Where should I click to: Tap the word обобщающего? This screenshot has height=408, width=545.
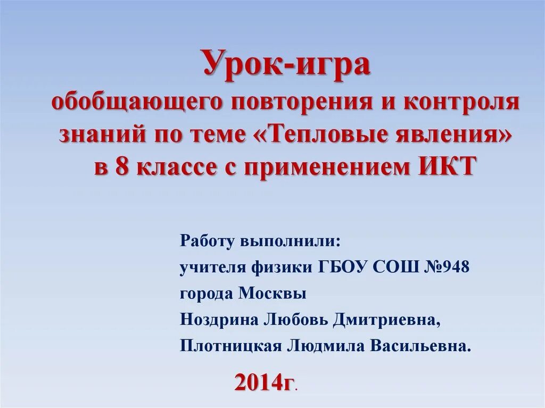pos(135,102)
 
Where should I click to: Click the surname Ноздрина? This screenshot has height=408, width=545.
pos(218,320)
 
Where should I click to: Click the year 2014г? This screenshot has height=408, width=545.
pos(265,382)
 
